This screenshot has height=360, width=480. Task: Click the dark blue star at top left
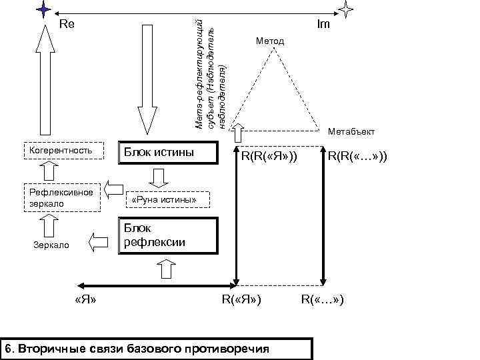coord(43,9)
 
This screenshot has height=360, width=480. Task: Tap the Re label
coord(67,25)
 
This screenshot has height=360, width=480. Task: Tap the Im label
coord(323,25)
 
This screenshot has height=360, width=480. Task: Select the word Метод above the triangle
coord(269,41)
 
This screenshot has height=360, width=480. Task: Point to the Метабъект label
coord(352,131)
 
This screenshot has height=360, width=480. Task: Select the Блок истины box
coord(168,153)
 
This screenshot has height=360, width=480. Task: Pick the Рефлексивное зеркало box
coord(62,197)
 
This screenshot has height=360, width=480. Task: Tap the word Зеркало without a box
coord(52,245)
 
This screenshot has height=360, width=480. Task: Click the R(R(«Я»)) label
coord(269,157)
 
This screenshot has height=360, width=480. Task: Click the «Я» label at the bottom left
coord(87,299)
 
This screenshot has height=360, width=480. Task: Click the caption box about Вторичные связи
coord(157,349)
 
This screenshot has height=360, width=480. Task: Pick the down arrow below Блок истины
coord(160,178)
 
